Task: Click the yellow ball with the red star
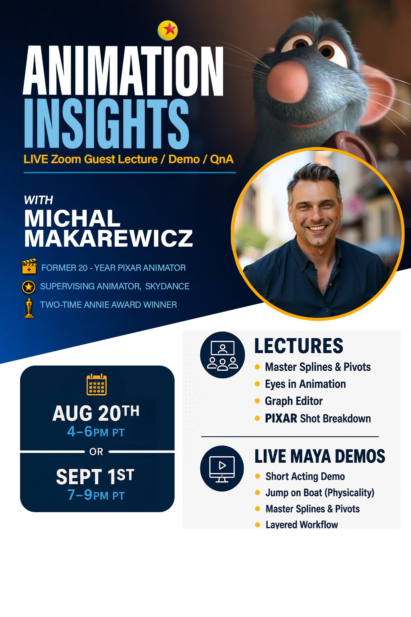pyautogui.click(x=168, y=31)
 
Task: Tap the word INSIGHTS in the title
pyautogui.click(x=106, y=124)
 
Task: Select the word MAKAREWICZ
pyautogui.click(x=108, y=238)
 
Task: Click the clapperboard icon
pyautogui.click(x=29, y=266)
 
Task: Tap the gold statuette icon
pyautogui.click(x=28, y=308)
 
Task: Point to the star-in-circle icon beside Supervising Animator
pyautogui.click(x=28, y=287)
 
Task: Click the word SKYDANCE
pyautogui.click(x=167, y=286)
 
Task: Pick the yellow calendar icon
pyautogui.click(x=97, y=384)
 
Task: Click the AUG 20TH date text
pyautogui.click(x=96, y=413)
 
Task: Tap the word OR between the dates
pyautogui.click(x=96, y=452)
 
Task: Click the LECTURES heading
pyautogui.click(x=299, y=346)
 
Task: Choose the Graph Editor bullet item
pyautogui.click(x=294, y=401)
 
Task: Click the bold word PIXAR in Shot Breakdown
pyautogui.click(x=281, y=419)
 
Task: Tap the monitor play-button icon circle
pyautogui.click(x=222, y=468)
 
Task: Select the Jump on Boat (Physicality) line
pyautogui.click(x=320, y=493)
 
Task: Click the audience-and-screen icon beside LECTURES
pyautogui.click(x=222, y=355)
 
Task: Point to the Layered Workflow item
pyautogui.click(x=302, y=525)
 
